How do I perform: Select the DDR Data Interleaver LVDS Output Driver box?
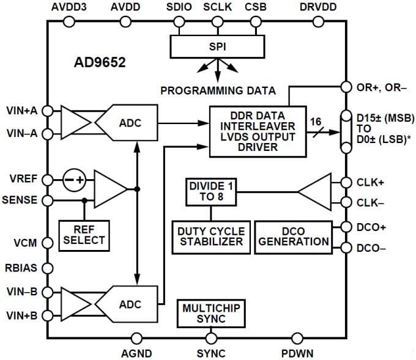(x=258, y=131)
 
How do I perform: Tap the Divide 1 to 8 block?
(x=210, y=192)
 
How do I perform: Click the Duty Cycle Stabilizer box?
(x=211, y=236)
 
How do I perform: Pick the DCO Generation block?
(x=292, y=236)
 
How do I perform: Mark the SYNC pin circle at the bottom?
(x=211, y=337)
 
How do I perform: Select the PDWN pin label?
(x=298, y=353)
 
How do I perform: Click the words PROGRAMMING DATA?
(x=218, y=91)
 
